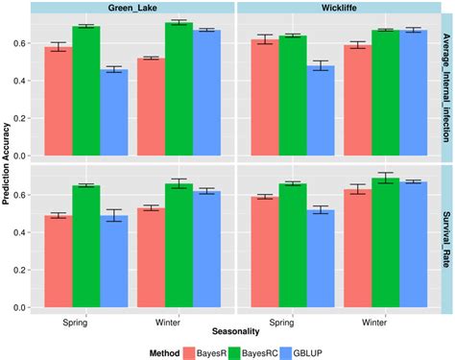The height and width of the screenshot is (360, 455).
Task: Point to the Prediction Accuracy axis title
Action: click(x=9, y=163)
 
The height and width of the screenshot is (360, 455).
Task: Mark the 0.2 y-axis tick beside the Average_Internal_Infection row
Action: click(x=18, y=118)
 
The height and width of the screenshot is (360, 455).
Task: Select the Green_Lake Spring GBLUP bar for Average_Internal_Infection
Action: click(x=114, y=112)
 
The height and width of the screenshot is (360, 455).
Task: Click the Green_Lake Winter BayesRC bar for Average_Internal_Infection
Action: click(x=180, y=88)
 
